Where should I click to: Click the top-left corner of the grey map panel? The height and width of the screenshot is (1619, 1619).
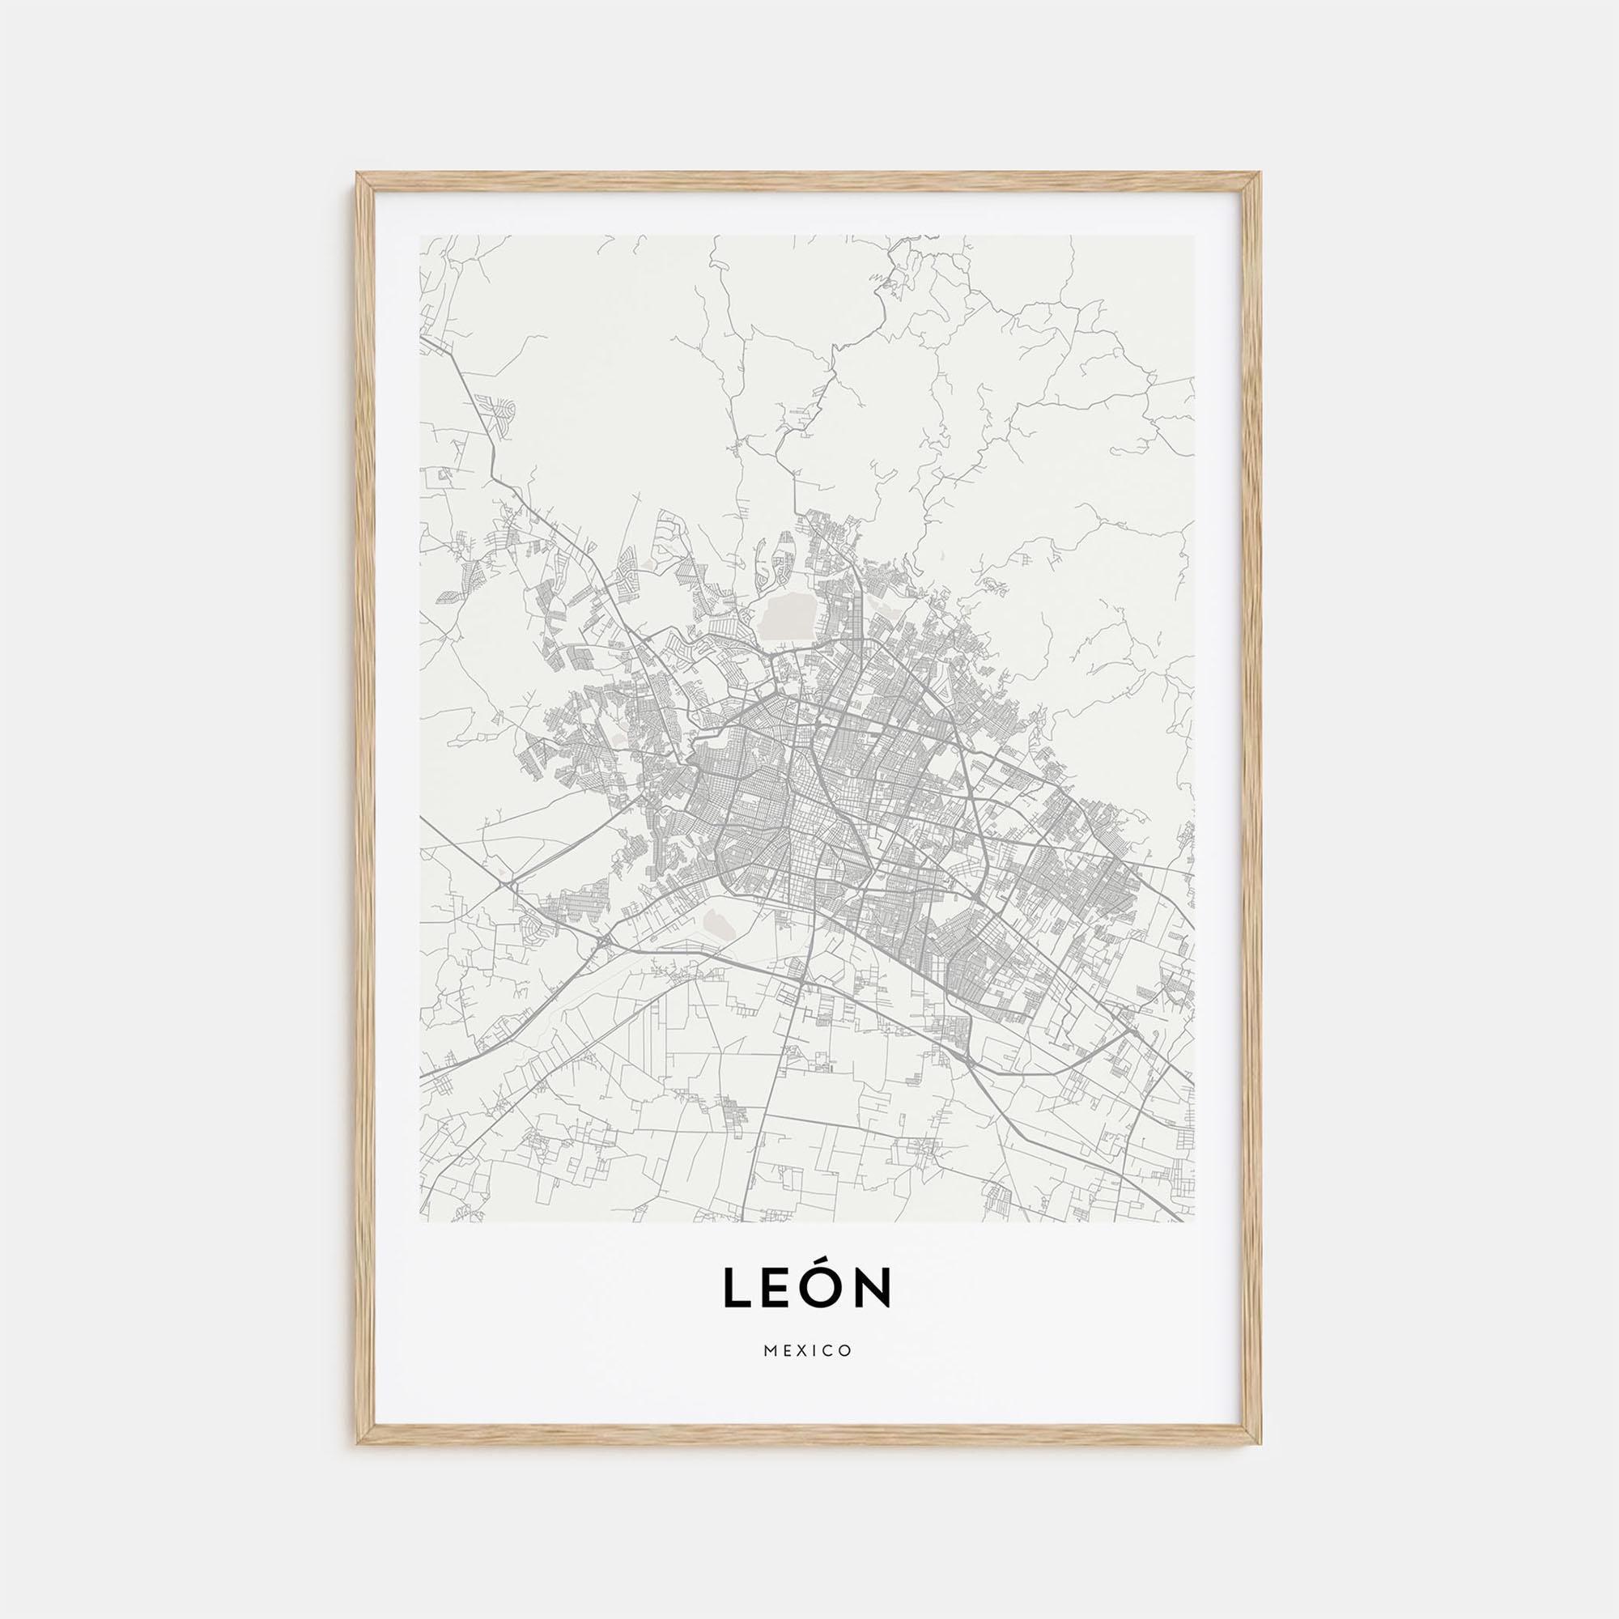point(420,236)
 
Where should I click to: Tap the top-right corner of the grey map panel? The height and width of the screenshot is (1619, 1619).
point(1194,236)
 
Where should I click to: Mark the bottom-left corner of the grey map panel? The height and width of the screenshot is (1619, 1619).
point(420,1221)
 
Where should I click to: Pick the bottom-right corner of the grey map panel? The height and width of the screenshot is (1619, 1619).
point(1194,1221)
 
